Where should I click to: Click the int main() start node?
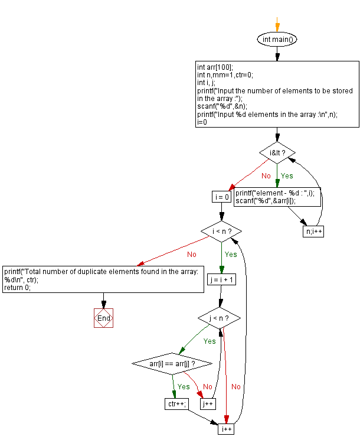(277, 39)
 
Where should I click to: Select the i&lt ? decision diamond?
(277, 152)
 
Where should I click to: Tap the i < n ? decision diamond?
(221, 230)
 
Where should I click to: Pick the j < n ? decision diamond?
(220, 318)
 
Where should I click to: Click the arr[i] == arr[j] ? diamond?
(172, 363)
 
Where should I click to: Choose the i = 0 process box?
(221, 197)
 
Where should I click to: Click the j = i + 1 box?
(221, 279)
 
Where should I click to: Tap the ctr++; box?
(176, 404)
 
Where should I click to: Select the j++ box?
(208, 404)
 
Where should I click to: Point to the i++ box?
(226, 429)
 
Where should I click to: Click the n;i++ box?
(313, 232)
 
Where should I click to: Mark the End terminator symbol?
(103, 318)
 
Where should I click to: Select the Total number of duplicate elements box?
(103, 279)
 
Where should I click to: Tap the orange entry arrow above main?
(277, 25)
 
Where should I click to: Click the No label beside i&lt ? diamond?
(266, 175)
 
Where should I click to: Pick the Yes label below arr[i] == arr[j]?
(184, 386)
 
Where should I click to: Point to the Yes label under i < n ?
(230, 254)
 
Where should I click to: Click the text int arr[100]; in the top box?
(215, 67)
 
